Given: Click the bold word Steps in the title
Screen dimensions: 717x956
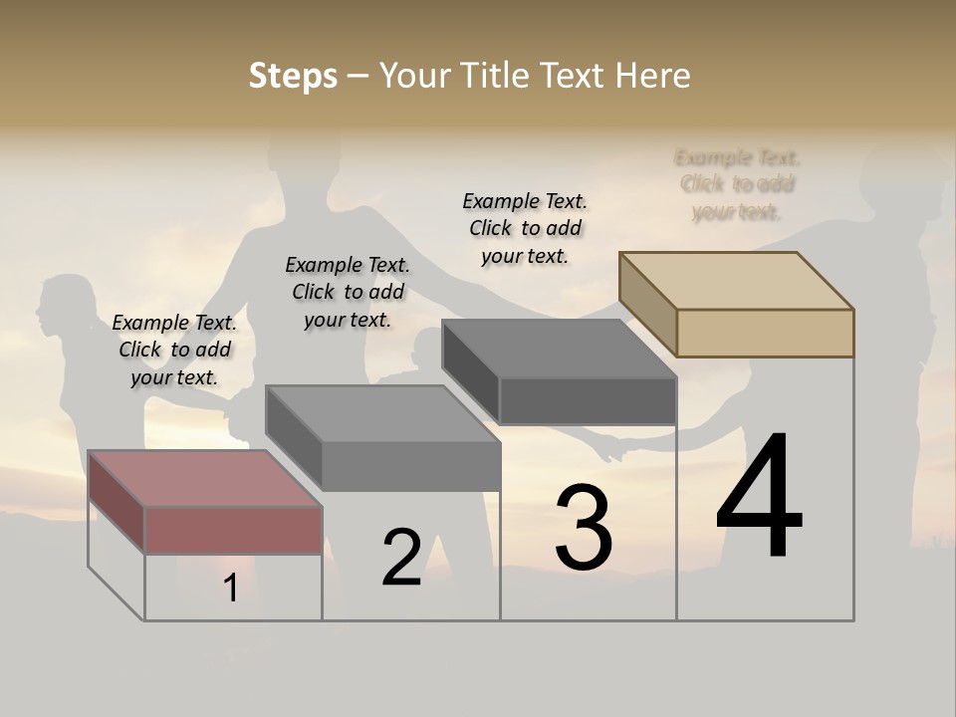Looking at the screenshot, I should pos(293,76).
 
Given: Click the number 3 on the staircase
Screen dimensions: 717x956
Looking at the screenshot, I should pos(584,528).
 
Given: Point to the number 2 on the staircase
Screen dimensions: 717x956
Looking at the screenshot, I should pos(401,558).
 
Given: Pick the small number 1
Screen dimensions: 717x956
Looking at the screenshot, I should pos(231,588).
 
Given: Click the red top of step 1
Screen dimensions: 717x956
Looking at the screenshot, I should pos(204,478).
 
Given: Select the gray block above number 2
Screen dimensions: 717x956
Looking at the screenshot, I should pos(383,413).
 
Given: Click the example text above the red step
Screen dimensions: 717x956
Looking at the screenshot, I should pos(174,351).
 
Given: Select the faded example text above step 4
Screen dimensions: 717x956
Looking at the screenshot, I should pos(737,184).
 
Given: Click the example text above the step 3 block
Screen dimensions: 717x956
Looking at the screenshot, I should pos(525,228).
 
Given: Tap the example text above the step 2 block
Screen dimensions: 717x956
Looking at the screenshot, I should pos(348,292).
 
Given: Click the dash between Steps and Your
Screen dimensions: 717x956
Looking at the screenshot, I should pos(358,76).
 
